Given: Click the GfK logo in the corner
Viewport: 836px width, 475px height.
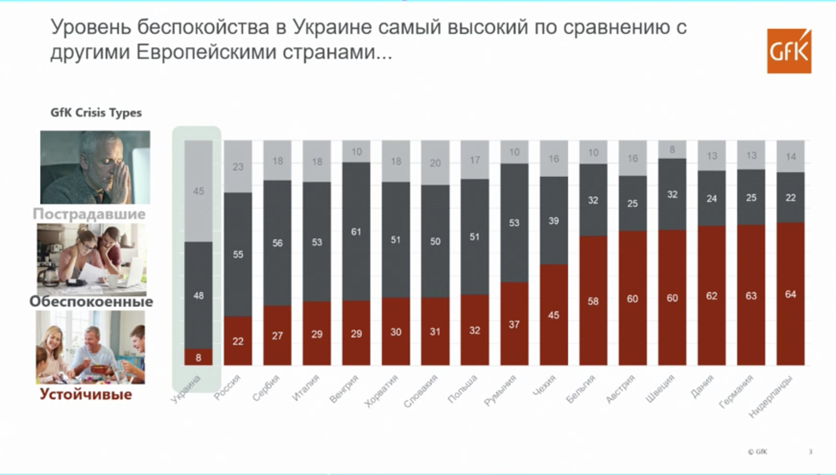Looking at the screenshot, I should [x=789, y=51].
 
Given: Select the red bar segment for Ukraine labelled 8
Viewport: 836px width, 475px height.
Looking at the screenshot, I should [x=198, y=357].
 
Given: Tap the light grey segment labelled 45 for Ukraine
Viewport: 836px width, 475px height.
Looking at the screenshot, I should [x=198, y=191].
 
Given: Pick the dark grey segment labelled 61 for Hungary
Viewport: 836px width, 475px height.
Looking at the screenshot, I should [x=356, y=232].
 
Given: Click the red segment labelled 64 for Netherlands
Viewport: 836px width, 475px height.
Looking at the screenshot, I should [x=790, y=294].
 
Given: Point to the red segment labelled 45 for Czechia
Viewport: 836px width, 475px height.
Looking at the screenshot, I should [x=553, y=315].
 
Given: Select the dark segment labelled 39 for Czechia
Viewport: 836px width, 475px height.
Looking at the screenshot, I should [x=553, y=220].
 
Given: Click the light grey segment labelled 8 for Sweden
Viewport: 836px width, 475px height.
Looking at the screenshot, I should [x=672, y=149].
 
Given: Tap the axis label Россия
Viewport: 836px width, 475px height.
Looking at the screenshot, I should [x=228, y=387].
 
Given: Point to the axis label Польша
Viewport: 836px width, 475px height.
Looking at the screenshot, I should [x=462, y=389].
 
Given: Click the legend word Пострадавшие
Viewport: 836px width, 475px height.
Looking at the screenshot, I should [x=89, y=213].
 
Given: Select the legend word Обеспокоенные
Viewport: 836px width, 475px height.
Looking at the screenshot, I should [x=91, y=302].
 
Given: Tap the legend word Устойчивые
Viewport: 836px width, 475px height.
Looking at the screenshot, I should [x=86, y=394].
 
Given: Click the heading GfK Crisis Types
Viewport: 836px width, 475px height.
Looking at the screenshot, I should [x=96, y=113].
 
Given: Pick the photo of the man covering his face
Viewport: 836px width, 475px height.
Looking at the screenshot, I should [x=95, y=167].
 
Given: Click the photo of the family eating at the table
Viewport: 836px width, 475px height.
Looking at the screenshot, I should [x=91, y=347].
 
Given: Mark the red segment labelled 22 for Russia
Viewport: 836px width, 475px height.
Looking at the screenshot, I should [x=238, y=341].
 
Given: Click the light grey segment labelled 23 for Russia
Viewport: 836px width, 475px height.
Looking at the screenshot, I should [x=238, y=167].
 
